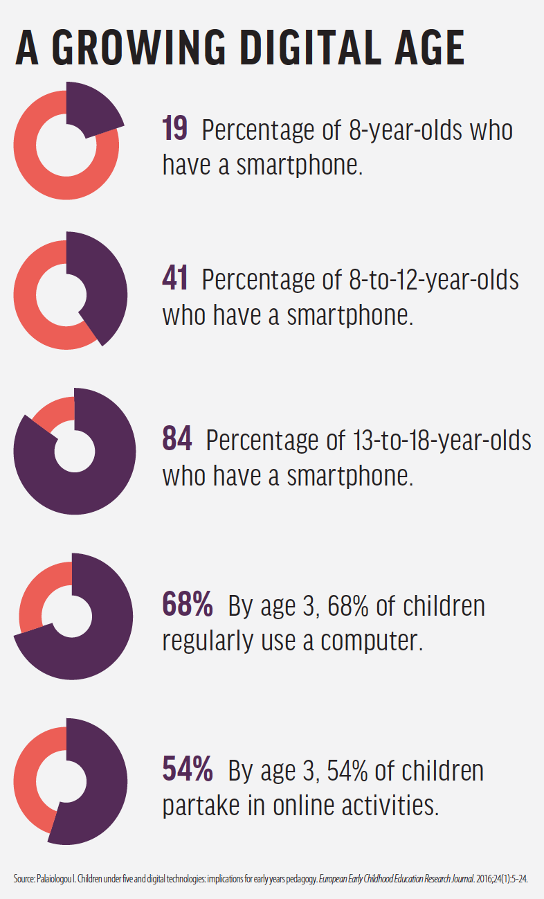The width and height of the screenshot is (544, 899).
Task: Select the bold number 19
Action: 175,130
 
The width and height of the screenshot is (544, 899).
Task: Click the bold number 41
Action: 175,280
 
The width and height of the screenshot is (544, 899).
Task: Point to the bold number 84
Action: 176,440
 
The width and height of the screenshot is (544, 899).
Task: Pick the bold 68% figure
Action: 188,605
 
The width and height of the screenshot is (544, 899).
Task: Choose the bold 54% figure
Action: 188,770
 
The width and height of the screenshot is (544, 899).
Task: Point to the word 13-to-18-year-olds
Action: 442,440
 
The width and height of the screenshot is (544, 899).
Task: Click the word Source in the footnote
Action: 24,879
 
